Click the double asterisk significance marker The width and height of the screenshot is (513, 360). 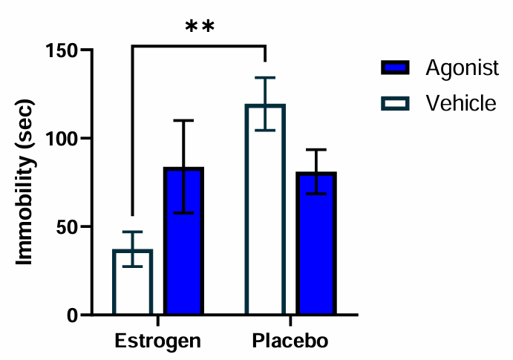[x=200, y=28]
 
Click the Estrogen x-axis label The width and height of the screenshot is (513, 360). [x=158, y=341]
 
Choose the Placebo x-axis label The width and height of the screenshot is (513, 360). [x=290, y=341]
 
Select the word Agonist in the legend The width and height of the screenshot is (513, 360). [x=462, y=68]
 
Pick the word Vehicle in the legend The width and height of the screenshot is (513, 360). [x=460, y=102]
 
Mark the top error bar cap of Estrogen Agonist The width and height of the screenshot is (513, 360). [x=184, y=120]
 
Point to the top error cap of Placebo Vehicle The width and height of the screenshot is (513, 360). [x=266, y=77]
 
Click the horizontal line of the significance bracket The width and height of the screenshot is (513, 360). [x=199, y=46]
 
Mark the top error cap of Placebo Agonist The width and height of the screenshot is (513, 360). [x=317, y=149]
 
